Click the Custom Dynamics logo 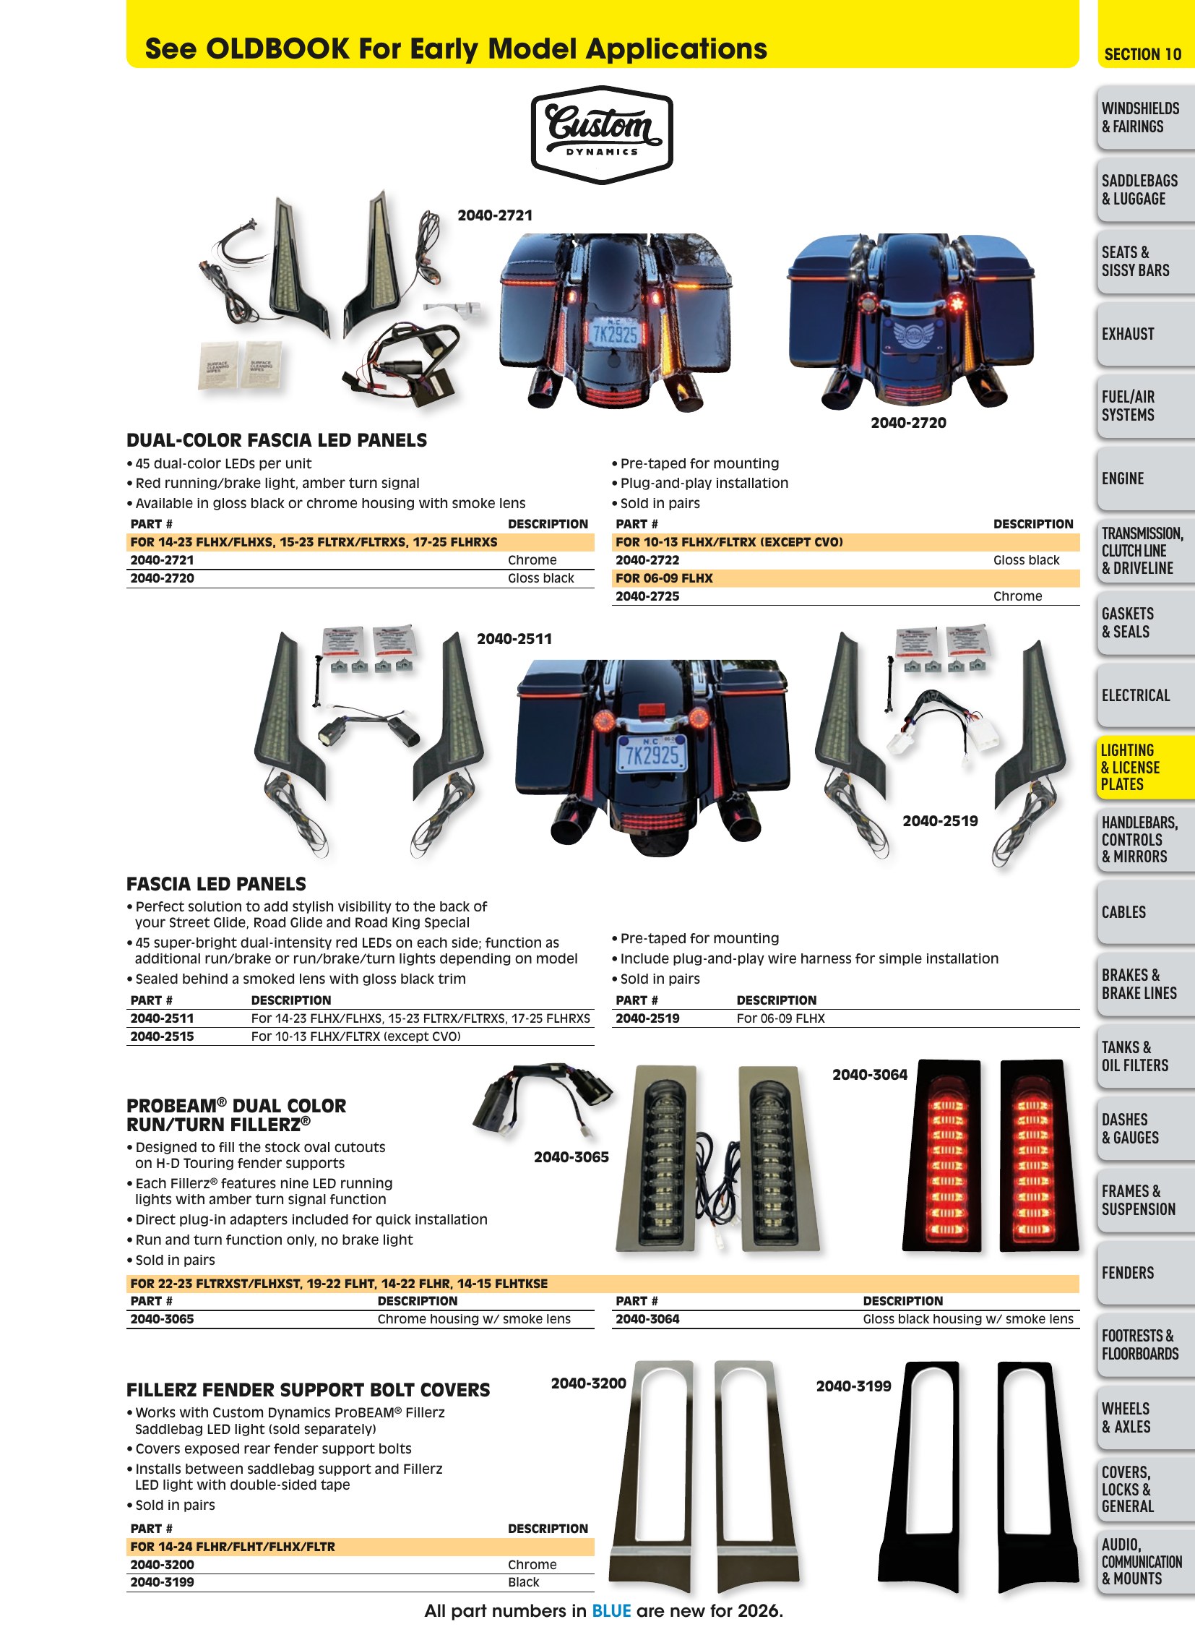[602, 134]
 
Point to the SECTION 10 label [1142, 54]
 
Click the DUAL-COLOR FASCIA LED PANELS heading [276, 440]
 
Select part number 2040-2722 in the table [647, 560]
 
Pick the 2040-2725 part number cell [647, 596]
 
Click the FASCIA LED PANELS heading [216, 884]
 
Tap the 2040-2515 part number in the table [162, 1036]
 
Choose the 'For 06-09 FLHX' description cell [780, 1018]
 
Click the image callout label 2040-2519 [940, 821]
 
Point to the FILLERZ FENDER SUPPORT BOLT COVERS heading [309, 1390]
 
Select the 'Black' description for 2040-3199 [523, 1582]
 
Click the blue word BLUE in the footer [611, 1611]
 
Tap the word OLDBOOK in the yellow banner [277, 49]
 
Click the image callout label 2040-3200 [588, 1383]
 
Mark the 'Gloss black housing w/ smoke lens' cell [968, 1318]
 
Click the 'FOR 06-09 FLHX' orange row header [664, 578]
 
